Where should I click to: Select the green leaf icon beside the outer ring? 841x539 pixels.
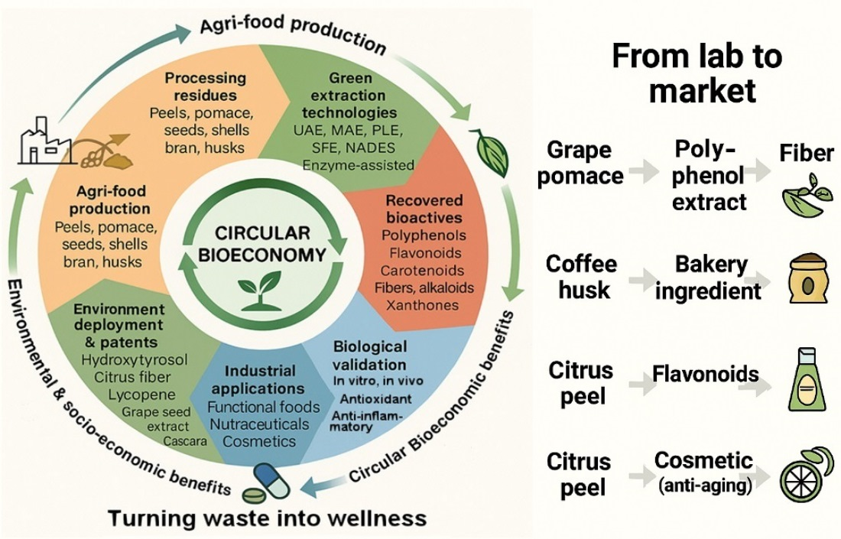click(x=486, y=145)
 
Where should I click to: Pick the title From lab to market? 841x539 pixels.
click(x=697, y=75)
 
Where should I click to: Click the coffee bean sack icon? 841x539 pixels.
click(x=804, y=281)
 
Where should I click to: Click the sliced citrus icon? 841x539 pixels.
click(x=804, y=475)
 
